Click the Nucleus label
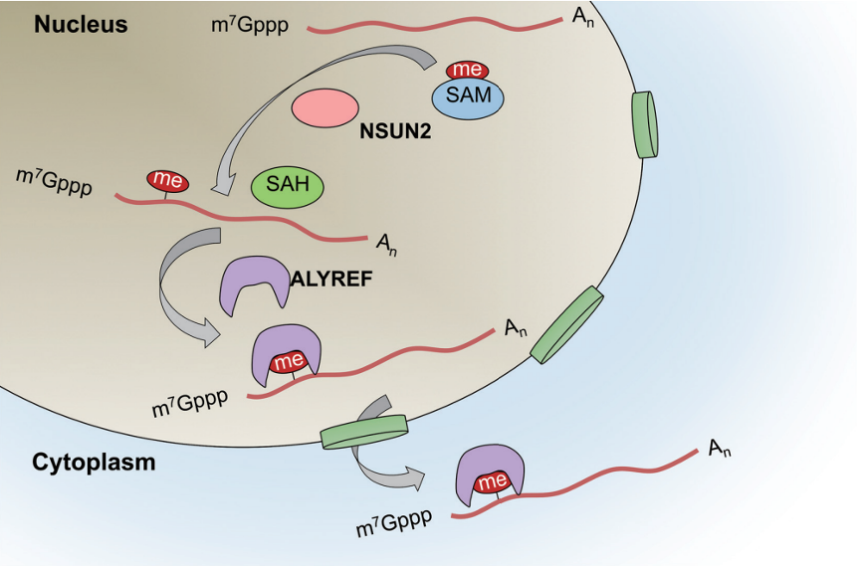point(81,25)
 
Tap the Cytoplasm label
point(94,463)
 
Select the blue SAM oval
point(468,97)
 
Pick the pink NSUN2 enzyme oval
point(324,107)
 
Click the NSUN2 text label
point(395,131)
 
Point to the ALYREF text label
point(331,279)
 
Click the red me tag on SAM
point(467,70)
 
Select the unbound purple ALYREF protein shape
point(255,284)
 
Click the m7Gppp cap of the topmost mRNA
point(250,25)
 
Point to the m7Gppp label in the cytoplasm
point(394,522)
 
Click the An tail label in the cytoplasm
point(720,449)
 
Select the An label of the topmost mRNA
point(582,17)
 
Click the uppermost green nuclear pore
point(645,124)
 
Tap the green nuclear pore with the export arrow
point(364,432)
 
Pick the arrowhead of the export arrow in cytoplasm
point(414,477)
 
